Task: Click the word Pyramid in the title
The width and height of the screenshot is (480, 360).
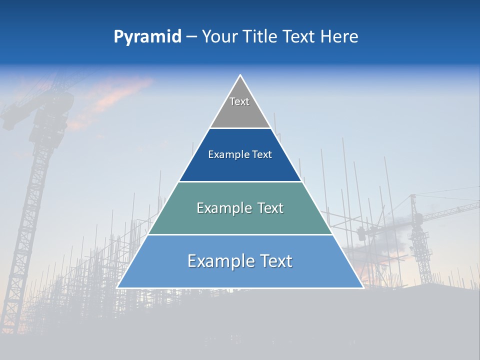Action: tap(147, 36)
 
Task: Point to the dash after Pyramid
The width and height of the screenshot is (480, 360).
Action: tap(191, 37)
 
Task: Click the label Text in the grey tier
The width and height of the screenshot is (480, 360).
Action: tap(239, 101)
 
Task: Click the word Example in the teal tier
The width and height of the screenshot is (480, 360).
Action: tap(222, 208)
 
